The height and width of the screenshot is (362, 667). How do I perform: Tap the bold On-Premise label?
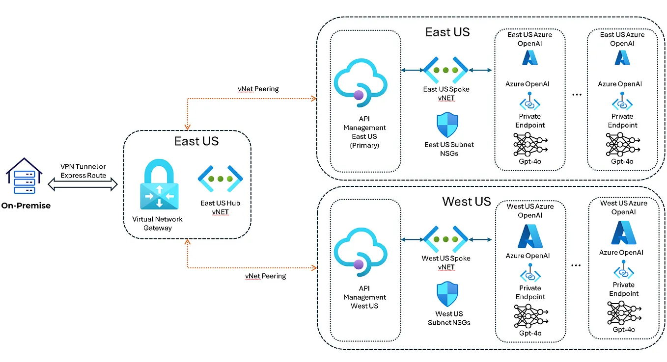[26, 206]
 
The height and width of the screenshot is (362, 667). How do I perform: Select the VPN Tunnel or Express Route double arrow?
[83, 184]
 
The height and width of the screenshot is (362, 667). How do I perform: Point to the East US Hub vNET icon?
[221, 180]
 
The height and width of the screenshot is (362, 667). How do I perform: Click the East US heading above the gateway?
[196, 141]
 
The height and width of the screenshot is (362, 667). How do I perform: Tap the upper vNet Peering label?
[258, 89]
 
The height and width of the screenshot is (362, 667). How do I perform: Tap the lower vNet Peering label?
[265, 276]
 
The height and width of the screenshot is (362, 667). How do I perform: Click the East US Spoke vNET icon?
[446, 71]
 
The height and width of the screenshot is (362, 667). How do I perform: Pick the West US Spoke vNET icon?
[446, 239]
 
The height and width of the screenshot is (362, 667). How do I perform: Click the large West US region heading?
[466, 201]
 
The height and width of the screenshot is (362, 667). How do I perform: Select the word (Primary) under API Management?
[364, 145]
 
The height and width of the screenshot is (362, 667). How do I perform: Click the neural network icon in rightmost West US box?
[623, 312]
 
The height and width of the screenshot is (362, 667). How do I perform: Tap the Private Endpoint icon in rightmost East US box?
[622, 102]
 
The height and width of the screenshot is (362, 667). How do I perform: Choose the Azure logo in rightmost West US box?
[623, 233]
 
